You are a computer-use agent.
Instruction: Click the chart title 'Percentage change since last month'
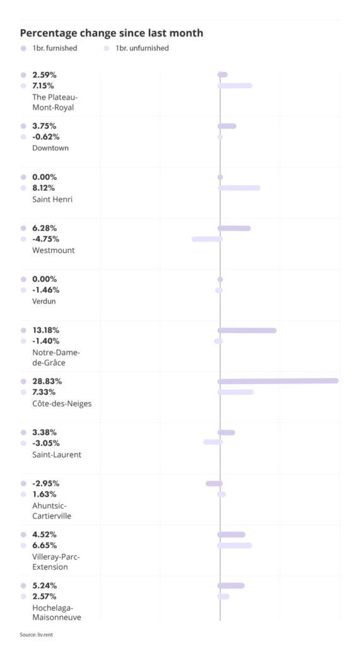pos(112,33)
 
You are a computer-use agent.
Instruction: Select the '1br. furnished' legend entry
pos(54,48)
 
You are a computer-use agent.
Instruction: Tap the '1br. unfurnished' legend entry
pos(141,48)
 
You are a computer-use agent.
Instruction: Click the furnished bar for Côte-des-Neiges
pos(278,380)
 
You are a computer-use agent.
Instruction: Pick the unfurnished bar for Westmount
pos(207,239)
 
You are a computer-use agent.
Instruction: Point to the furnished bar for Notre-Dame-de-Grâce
pos(247,330)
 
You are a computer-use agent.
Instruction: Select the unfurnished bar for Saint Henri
pos(239,188)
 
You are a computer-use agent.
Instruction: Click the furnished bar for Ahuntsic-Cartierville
pos(214,484)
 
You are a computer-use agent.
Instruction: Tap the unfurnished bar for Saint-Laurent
pos(212,442)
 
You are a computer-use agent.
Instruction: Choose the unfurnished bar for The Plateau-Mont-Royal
pos(235,85)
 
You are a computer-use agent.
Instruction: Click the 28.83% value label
pos(47,381)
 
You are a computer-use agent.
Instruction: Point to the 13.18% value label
pos(46,330)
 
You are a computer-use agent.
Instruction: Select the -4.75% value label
pos(45,239)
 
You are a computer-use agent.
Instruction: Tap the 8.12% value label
pos(44,188)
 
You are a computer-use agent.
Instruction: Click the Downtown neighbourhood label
pos(50,148)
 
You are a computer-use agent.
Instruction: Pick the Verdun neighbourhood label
pos(44,302)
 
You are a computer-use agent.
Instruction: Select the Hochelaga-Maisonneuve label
pos(56,613)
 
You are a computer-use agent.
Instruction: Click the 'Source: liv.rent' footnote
pos(35,634)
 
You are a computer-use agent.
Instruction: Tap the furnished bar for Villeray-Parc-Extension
pos(231,535)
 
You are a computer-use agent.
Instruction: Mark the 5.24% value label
pos(45,585)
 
